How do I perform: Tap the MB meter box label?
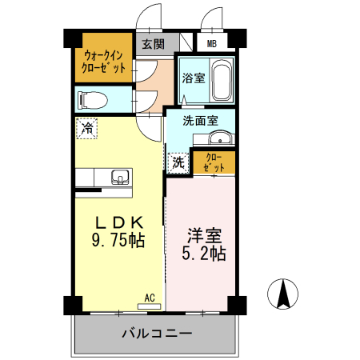[x=212, y=45]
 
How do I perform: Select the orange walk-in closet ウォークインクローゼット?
[x=104, y=62]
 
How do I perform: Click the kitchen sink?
[x=121, y=176]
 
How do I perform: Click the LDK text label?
[x=119, y=222]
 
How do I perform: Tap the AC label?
[x=150, y=298]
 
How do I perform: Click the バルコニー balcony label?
[x=157, y=332]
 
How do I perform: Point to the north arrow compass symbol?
[x=282, y=294]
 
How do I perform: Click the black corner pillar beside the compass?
[x=237, y=305]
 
